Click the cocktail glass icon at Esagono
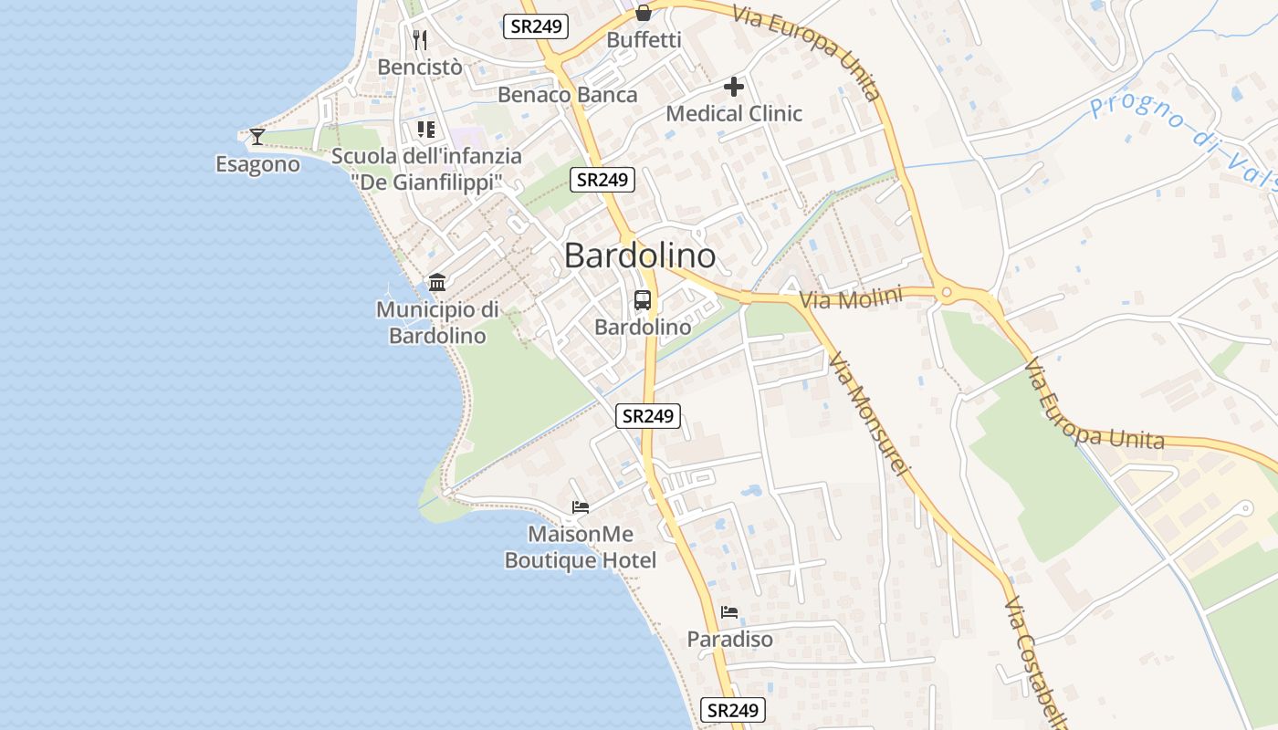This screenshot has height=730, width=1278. (257, 137)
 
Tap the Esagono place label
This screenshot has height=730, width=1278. (257, 164)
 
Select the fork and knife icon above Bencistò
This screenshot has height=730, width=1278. (420, 39)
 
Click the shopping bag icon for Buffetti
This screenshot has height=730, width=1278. (644, 13)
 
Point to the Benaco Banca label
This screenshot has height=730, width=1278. (567, 95)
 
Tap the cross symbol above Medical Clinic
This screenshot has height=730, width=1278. (734, 87)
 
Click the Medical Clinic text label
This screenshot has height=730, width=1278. (734, 114)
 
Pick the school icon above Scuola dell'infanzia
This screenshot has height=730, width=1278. (425, 130)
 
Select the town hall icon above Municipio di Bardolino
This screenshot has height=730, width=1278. (437, 282)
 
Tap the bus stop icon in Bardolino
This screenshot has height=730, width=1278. (643, 299)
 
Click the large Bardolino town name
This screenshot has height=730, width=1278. (639, 255)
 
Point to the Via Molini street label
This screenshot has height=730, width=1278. (851, 298)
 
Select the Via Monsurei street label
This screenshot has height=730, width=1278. (870, 414)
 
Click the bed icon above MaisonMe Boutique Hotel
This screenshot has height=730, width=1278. (581, 507)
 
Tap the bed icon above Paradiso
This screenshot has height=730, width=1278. (728, 611)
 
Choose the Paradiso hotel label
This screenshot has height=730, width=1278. (729, 639)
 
